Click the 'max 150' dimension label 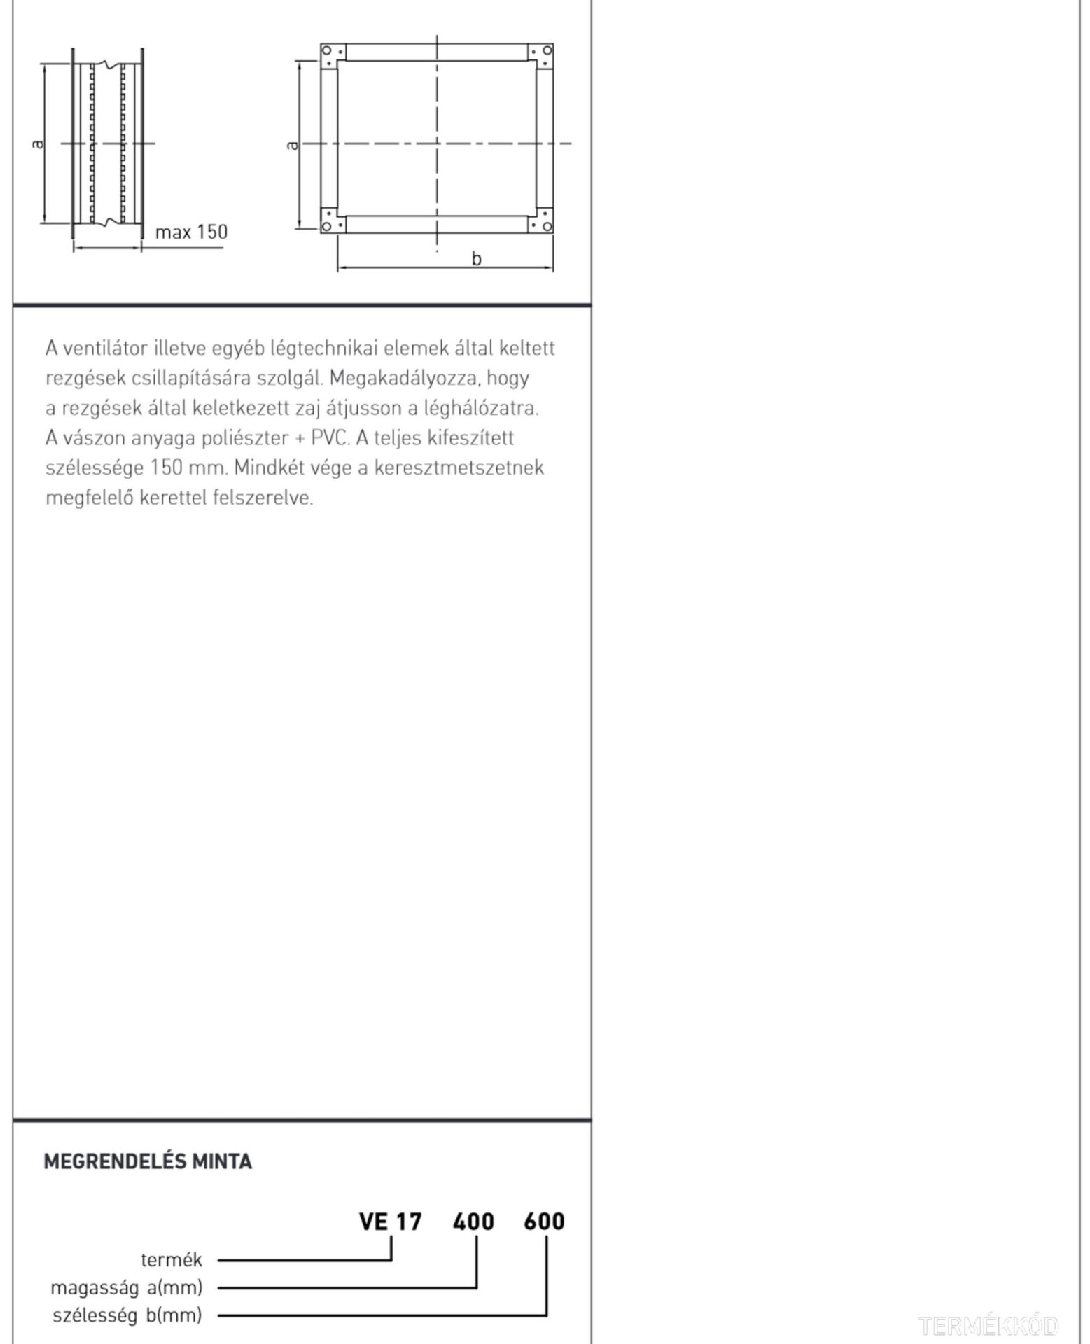[x=191, y=232]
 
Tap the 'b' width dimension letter [x=476, y=259]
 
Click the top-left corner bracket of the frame [x=333, y=55]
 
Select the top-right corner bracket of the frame [x=541, y=55]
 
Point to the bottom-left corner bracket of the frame [x=333, y=221]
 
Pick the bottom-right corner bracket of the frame [x=541, y=221]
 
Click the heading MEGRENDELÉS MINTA [x=148, y=1161]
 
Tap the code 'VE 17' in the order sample [x=390, y=1221]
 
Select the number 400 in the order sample [x=473, y=1221]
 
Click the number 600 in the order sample [x=544, y=1221]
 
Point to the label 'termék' [x=172, y=1260]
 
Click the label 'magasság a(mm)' [x=126, y=1287]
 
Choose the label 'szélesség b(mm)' [x=127, y=1315]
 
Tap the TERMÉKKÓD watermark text [x=988, y=1325]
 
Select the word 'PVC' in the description [x=329, y=438]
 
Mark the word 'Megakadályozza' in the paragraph [x=403, y=378]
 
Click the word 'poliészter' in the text [x=244, y=438]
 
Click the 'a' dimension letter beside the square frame [x=293, y=145]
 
